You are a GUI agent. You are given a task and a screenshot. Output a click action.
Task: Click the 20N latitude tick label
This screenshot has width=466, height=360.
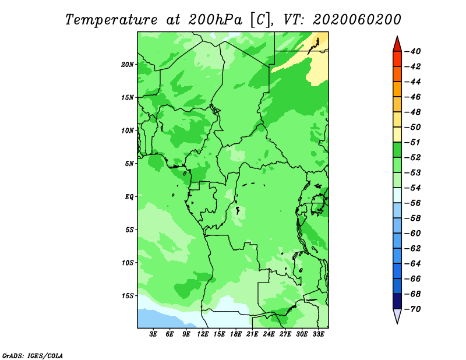pyautogui.click(x=127, y=65)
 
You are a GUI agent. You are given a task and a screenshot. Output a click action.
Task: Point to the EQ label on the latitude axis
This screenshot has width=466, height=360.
pyautogui.click(x=129, y=197)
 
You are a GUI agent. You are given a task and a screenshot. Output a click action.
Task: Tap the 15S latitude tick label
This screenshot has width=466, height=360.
pyautogui.click(x=128, y=296)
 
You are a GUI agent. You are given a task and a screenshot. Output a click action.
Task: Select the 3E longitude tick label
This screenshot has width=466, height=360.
pyautogui.click(x=153, y=334)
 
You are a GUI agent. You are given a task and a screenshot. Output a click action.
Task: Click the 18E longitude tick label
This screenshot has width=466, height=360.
pyautogui.click(x=236, y=334)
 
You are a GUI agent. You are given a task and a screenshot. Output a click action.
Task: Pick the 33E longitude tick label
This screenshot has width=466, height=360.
pyautogui.click(x=318, y=334)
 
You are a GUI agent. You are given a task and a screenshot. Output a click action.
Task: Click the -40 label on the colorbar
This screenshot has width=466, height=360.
pyautogui.click(x=412, y=51)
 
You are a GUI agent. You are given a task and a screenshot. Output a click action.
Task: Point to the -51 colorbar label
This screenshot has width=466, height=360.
pyautogui.click(x=412, y=142)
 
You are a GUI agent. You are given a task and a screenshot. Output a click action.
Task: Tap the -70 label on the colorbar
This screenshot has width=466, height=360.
pyautogui.click(x=412, y=309)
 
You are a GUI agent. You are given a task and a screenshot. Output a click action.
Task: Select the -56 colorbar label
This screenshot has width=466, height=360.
pyautogui.click(x=412, y=203)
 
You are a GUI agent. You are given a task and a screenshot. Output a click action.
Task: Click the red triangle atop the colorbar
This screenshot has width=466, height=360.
pyautogui.click(x=397, y=45)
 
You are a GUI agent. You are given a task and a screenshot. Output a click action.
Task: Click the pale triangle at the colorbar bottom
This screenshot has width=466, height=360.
pyautogui.click(x=397, y=316)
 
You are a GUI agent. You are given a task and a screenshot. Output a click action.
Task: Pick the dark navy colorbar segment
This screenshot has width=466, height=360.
pyautogui.click(x=397, y=301)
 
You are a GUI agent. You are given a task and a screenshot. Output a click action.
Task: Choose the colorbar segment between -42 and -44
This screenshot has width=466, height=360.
pyautogui.click(x=397, y=74)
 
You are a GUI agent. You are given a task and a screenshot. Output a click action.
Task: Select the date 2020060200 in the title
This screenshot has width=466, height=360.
pyautogui.click(x=357, y=20)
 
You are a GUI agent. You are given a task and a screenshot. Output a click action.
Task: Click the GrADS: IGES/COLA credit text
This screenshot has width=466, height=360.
pyautogui.click(x=33, y=356)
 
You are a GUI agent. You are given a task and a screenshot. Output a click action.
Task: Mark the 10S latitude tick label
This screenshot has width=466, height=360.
pyautogui.click(x=128, y=263)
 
